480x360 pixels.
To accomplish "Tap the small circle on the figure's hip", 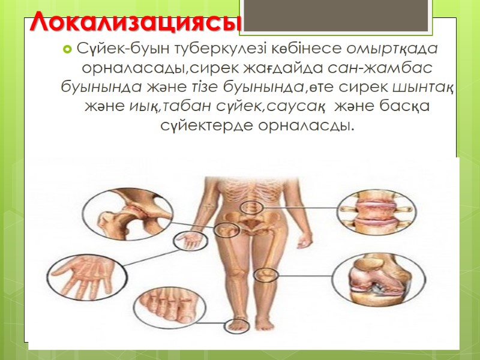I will click(x=224, y=229).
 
